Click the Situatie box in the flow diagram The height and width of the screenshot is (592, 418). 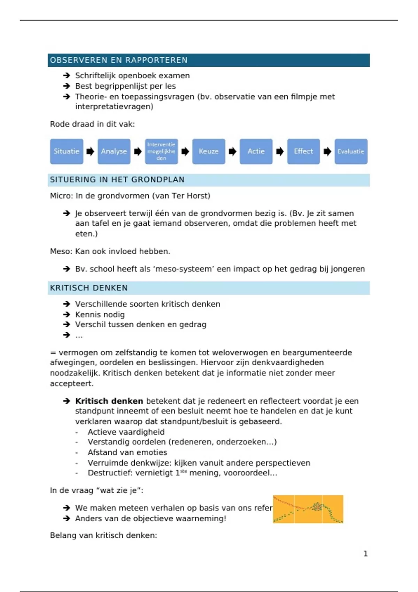pos(67,151)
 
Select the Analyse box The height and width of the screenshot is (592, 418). pos(114,151)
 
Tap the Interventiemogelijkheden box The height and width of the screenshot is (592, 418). pos(161,151)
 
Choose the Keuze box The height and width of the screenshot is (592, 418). pos(209,151)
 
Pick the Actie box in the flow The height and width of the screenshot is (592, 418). pos(256,151)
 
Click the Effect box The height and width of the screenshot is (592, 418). pos(303,151)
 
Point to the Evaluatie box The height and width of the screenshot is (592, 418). pos(351,151)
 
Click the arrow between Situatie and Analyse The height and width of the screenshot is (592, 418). pos(90,151)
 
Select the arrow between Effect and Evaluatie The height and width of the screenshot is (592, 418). pos(327,151)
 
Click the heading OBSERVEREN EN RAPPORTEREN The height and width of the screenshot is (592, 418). pos(119,60)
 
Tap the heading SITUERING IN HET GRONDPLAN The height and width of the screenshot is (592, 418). pos(117,180)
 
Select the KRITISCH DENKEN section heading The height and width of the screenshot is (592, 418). pos(89,288)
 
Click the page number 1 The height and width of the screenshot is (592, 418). pos(365,554)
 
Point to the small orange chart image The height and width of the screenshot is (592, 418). pos(308,509)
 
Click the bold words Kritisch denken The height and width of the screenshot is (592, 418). pos(109,401)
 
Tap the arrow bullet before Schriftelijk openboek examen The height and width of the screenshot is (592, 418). pos(67,76)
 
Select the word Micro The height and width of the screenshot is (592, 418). pos(61,196)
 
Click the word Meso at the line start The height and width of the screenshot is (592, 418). pos(61,251)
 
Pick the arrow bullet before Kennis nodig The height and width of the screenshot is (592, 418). pos(67,314)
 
